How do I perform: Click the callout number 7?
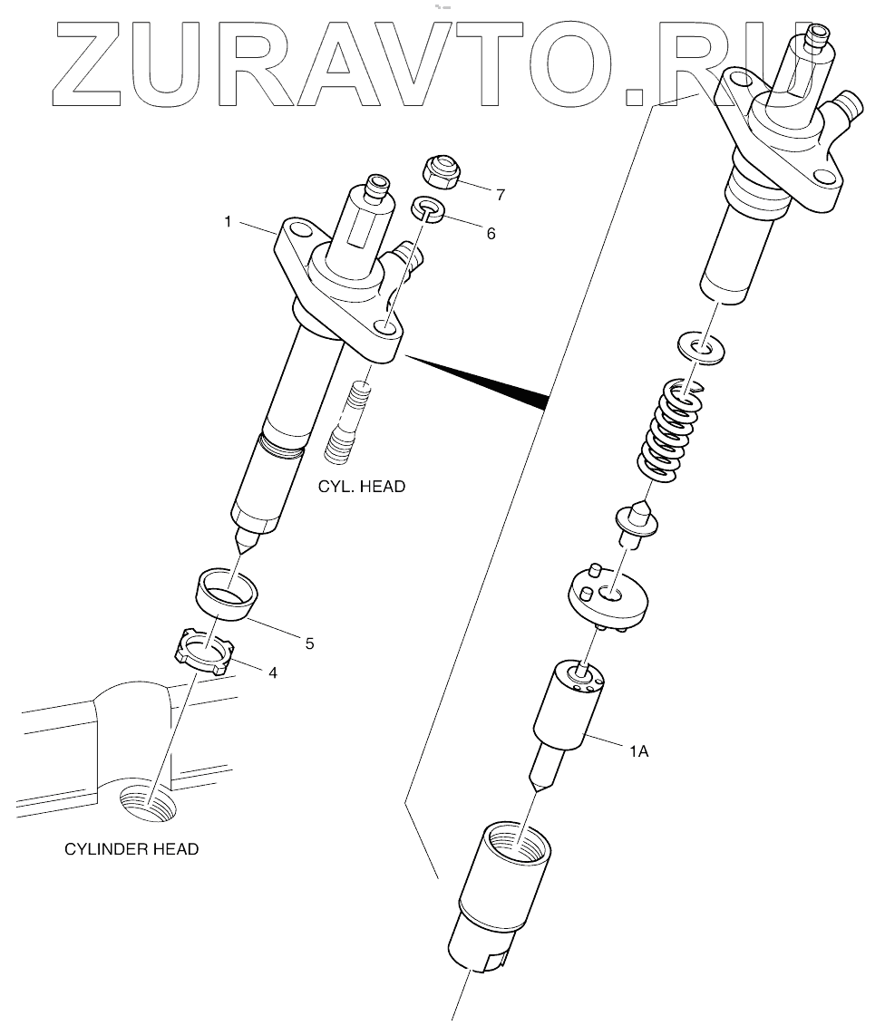501,193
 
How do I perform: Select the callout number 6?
491,233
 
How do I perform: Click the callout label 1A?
638,751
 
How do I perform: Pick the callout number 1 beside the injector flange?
229,220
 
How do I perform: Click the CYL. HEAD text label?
361,487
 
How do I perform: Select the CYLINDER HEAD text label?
131,849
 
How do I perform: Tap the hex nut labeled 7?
442,169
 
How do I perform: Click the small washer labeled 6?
429,209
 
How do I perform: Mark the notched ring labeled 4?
205,652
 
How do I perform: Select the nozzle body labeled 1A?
568,716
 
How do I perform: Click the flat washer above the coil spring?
703,349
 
